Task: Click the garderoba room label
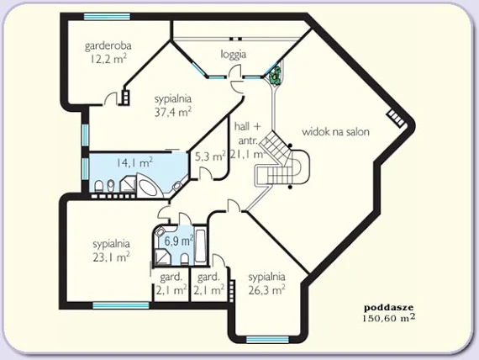click(108, 46)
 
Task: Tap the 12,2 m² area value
click(108, 58)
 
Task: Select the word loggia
click(234, 55)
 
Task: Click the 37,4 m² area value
click(173, 112)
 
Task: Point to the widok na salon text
click(336, 132)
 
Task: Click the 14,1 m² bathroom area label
click(134, 162)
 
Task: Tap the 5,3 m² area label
click(210, 156)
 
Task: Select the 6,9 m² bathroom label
click(179, 241)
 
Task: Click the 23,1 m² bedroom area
click(111, 257)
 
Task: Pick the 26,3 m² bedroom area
click(267, 289)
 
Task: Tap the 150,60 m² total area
click(389, 318)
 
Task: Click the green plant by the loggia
click(276, 76)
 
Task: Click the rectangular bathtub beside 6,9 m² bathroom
click(200, 246)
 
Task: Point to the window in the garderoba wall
click(107, 17)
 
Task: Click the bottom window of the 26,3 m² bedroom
click(267, 340)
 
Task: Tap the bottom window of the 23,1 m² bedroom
click(121, 305)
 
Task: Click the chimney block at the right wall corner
click(396, 118)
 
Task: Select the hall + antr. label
click(247, 140)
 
